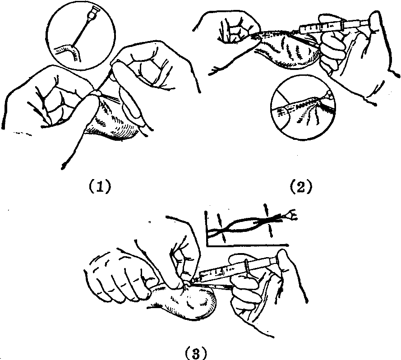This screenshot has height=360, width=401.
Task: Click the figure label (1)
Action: click(100, 186)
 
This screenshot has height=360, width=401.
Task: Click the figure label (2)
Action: click(301, 186)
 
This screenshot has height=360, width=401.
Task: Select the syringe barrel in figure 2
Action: click(322, 27)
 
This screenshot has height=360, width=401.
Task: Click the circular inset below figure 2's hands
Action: click(303, 107)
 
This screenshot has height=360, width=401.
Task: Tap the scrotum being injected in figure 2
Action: click(286, 50)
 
